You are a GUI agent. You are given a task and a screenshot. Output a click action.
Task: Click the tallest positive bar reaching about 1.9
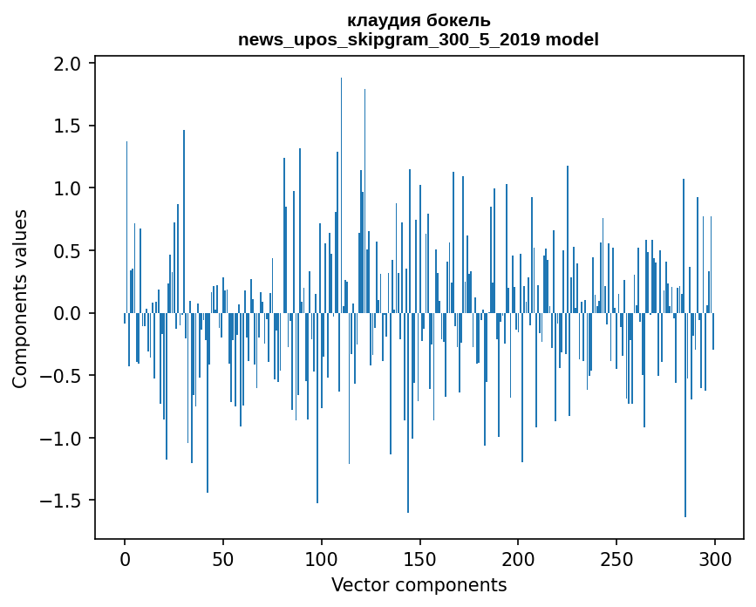[x=341, y=195]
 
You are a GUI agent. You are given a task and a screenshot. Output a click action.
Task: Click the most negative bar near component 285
[x=685, y=415]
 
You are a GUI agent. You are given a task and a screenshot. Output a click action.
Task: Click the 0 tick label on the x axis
[x=125, y=559]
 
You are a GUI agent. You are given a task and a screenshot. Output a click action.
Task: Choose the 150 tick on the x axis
[x=419, y=559]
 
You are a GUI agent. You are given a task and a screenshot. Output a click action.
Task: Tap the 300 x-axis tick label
[x=714, y=559]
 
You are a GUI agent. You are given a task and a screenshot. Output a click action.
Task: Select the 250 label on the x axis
[x=616, y=559]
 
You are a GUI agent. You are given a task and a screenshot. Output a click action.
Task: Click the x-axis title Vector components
[x=419, y=585]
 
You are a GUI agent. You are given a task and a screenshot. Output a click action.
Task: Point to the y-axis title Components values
[x=20, y=299]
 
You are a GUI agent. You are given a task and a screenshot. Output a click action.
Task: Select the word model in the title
[x=572, y=39]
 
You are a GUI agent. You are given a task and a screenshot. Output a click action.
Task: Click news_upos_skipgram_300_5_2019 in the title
[x=389, y=40]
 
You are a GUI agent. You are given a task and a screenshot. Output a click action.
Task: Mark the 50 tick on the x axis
[x=223, y=559]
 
